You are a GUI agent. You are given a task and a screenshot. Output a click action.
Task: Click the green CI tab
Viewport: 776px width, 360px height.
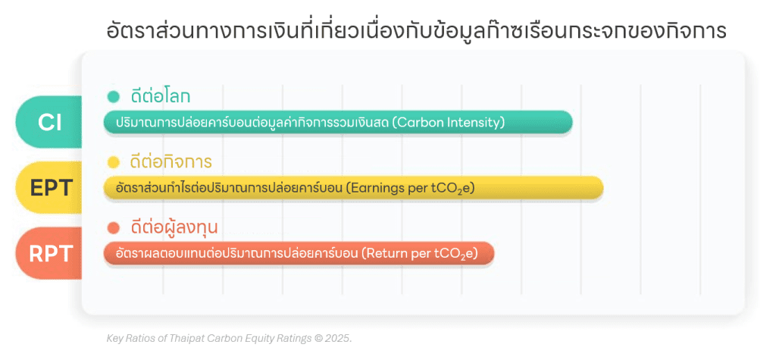click(x=49, y=122)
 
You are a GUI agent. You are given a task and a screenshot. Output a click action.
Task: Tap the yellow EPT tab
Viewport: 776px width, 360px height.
click(x=49, y=188)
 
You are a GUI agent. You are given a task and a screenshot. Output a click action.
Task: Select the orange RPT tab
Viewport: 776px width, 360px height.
click(x=49, y=253)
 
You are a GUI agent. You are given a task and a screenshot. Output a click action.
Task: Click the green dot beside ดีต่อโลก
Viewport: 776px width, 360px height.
click(x=114, y=96)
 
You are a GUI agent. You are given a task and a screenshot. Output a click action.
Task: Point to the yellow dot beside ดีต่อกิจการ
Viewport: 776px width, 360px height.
click(x=114, y=162)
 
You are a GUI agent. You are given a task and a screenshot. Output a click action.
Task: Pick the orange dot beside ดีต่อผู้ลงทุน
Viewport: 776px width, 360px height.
click(x=114, y=228)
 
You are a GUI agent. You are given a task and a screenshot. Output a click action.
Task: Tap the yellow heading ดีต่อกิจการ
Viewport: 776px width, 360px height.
click(x=171, y=161)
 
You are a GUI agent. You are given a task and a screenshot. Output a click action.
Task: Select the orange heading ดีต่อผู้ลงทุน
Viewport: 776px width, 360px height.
click(x=174, y=227)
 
